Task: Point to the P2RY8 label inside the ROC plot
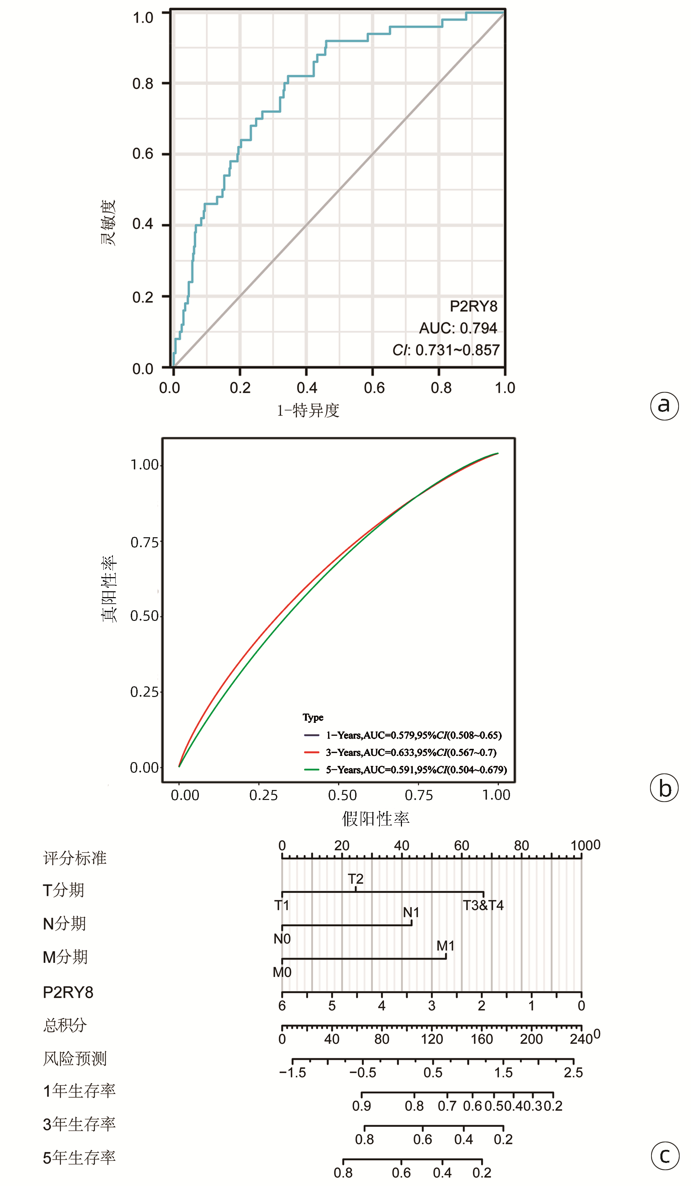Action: pos(473,306)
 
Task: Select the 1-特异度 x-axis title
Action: pos(308,410)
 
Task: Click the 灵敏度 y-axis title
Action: pos(108,222)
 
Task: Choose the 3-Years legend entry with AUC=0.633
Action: pos(411,752)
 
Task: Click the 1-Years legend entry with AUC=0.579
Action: pos(414,735)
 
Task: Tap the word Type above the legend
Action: pos(313,717)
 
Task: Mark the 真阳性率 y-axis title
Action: pos(109,589)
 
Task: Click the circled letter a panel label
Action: pos(664,406)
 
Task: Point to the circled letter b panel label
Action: pos(664,788)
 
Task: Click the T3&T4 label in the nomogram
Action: pos(483,905)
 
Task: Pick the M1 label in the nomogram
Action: pos(445,946)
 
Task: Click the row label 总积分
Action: pos(65,1026)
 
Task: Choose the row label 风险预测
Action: pos(75,1059)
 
